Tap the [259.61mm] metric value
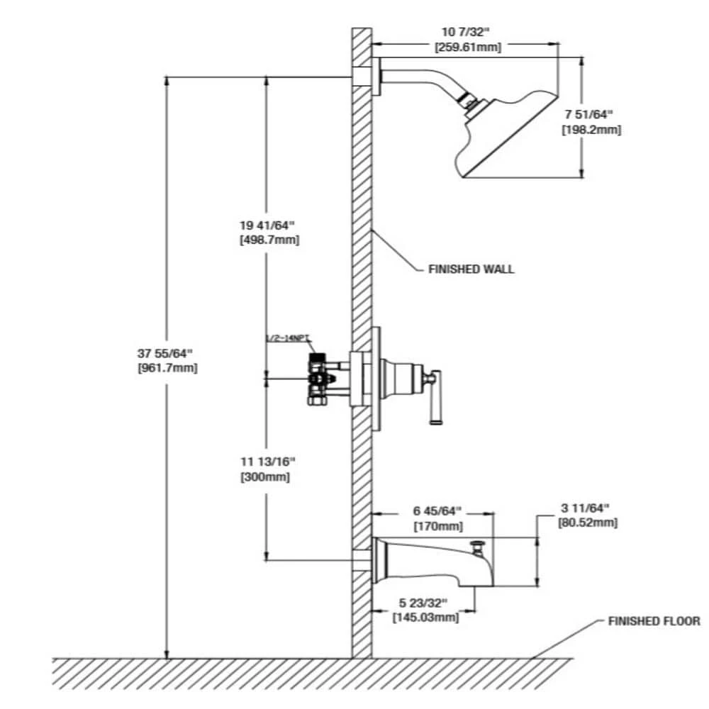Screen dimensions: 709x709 coord(467,48)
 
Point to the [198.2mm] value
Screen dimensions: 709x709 coord(591,130)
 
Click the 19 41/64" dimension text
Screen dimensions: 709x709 coord(267,225)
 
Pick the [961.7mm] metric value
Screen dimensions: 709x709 coord(168,368)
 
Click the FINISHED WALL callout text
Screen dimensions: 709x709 coord(471,269)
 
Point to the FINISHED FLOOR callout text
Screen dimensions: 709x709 coord(654,621)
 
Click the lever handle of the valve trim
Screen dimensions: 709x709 coord(435,397)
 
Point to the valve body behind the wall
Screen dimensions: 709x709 coord(320,380)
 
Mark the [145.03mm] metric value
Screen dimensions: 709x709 coord(425,618)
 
